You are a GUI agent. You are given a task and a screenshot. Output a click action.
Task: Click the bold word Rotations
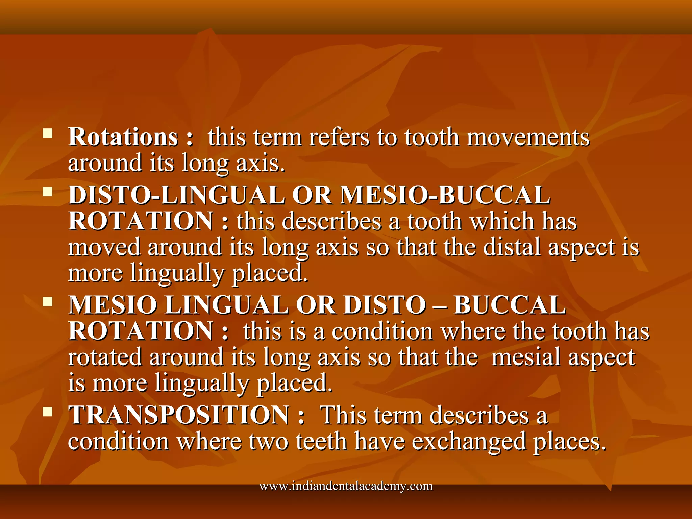click(x=123, y=137)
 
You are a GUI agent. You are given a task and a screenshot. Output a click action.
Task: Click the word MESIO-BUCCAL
click(x=445, y=195)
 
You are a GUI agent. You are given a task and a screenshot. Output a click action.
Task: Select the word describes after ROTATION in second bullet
click(x=331, y=222)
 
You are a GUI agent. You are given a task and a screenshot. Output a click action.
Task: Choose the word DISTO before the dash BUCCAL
click(x=385, y=305)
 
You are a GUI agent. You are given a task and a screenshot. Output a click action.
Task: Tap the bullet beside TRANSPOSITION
click(x=48, y=411)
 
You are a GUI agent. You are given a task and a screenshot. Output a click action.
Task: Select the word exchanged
click(x=469, y=441)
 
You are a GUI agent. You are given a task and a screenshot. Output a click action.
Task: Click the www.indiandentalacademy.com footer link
click(x=346, y=486)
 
